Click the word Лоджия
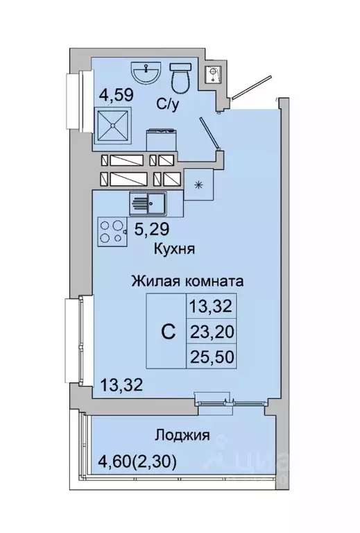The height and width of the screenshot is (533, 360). coord(182,436)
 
